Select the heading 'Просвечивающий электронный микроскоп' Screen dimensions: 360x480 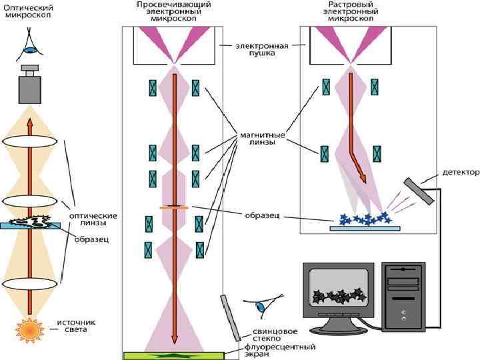174,11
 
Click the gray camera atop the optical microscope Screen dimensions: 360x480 29,85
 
